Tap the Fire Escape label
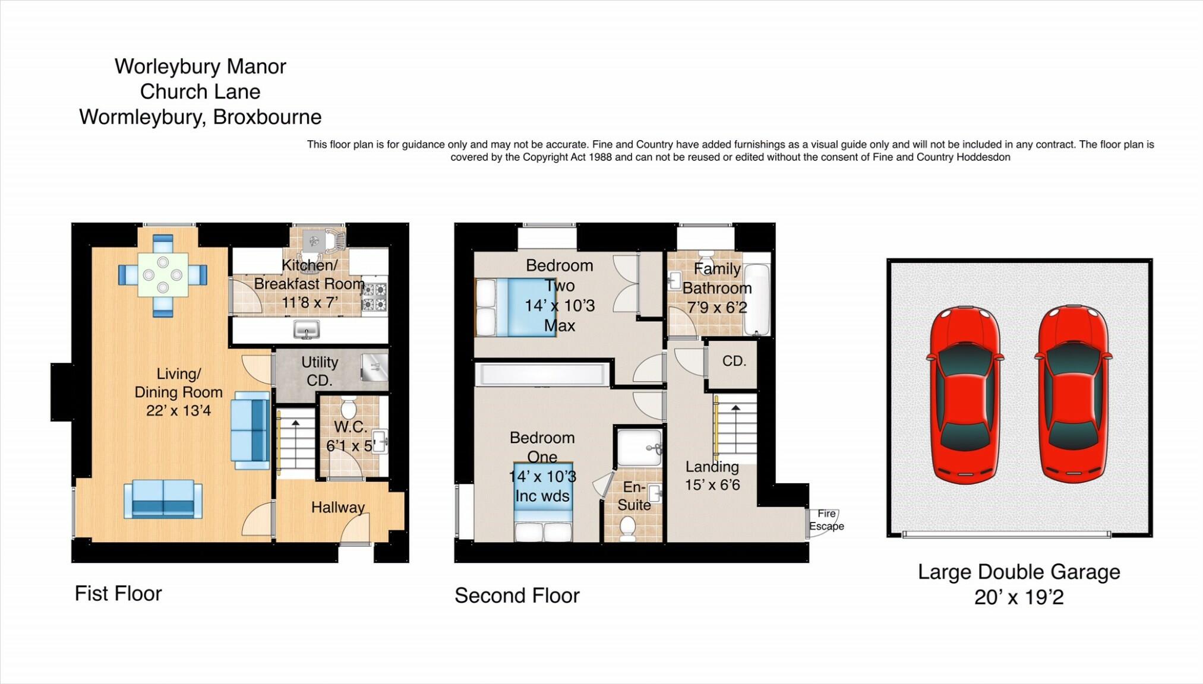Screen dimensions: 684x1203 (826, 520)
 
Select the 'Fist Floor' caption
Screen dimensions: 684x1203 (118, 593)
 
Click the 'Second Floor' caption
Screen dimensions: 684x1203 (517, 596)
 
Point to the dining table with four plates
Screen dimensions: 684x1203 (163, 275)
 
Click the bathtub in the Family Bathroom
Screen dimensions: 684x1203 (757, 299)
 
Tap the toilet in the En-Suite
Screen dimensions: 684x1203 (628, 527)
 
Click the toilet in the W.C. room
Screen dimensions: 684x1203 (349, 408)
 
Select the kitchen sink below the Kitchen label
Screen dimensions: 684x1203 (307, 330)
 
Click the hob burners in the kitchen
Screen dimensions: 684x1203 (374, 297)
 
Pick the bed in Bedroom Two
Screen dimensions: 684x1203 (516, 308)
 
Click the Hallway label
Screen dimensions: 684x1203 (337, 507)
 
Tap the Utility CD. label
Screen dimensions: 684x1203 (320, 371)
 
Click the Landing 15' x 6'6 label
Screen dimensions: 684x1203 (712, 476)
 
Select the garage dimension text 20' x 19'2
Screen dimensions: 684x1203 (1018, 597)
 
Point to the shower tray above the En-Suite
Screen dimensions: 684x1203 (639, 447)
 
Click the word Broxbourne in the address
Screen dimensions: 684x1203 (267, 117)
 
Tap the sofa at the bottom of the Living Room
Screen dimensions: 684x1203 (163, 499)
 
